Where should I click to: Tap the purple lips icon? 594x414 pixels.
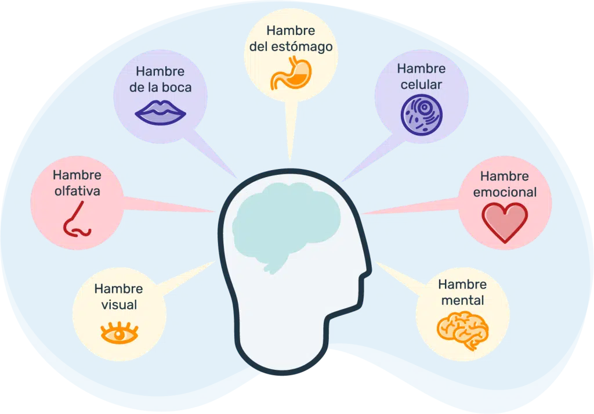[160, 112]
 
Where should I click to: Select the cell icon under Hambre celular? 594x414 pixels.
[421, 113]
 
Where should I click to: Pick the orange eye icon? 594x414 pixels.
[119, 333]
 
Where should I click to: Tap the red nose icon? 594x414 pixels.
[76, 219]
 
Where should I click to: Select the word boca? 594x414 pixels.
[178, 88]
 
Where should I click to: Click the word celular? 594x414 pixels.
[421, 85]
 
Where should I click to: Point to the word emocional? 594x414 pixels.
[505, 192]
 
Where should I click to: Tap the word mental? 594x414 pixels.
[462, 301]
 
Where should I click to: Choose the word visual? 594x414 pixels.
[119, 304]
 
